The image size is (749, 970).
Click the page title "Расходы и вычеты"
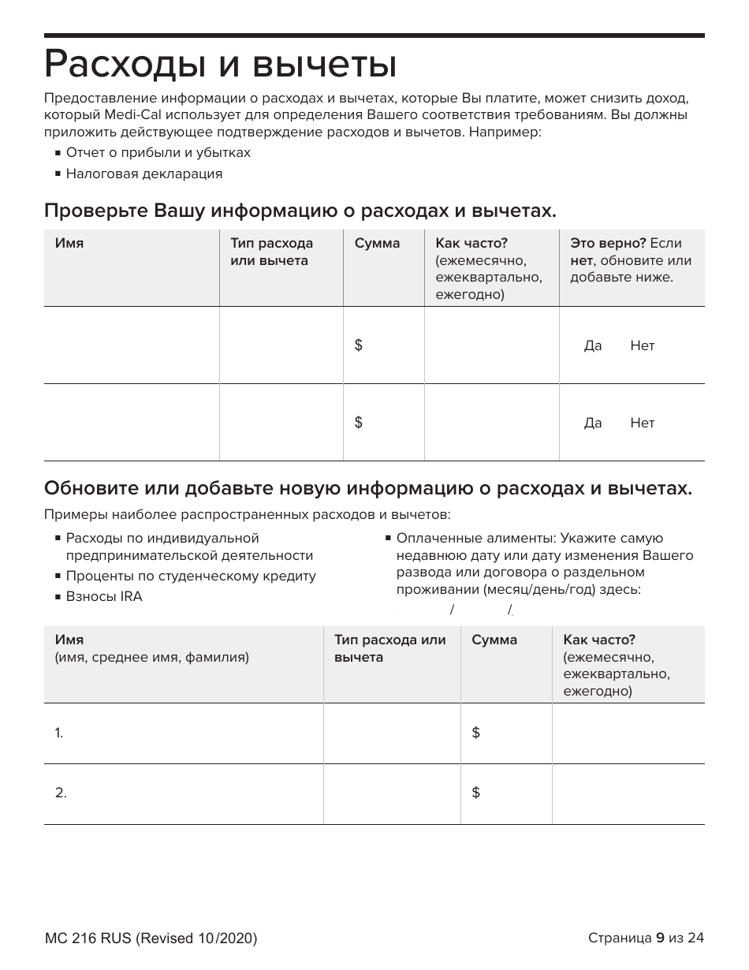[220, 65]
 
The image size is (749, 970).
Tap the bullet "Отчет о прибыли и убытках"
[158, 152]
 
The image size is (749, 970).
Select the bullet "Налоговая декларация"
[143, 173]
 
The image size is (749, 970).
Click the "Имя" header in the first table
[69, 244]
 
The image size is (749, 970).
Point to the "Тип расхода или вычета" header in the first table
[271, 252]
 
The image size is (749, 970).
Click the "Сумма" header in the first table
[377, 244]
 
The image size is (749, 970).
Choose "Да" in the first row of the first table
[592, 346]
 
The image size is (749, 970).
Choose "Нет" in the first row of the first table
[642, 346]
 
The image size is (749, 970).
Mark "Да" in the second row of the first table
[592, 423]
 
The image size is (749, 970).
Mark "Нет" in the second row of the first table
[642, 423]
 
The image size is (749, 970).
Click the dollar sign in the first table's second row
[359, 423]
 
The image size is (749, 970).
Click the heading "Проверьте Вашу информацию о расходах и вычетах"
[300, 211]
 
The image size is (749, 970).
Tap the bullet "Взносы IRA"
[104, 596]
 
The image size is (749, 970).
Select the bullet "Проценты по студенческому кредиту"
[190, 576]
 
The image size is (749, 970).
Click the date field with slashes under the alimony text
[481, 609]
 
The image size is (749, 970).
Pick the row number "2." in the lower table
[61, 793]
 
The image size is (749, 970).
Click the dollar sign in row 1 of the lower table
[475, 733]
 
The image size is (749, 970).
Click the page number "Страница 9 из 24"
[645, 938]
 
